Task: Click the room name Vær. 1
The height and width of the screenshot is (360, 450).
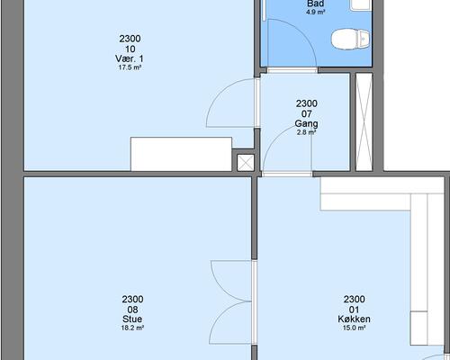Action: click(130, 58)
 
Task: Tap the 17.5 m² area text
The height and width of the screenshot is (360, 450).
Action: click(130, 67)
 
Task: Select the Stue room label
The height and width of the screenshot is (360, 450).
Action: click(132, 319)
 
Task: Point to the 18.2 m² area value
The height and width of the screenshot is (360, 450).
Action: click(132, 328)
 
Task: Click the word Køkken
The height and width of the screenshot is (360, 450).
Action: click(354, 319)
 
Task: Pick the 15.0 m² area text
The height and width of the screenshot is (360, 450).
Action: click(354, 328)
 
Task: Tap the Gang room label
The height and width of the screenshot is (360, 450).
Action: click(306, 123)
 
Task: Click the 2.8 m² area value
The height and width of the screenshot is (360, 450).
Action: click(306, 132)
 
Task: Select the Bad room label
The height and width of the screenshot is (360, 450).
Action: click(316, 4)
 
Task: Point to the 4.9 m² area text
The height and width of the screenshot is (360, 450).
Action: click(316, 13)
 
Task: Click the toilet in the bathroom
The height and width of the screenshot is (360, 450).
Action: click(350, 39)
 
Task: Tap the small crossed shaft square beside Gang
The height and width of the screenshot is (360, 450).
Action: click(246, 163)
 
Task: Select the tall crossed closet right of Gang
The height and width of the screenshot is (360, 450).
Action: click(364, 122)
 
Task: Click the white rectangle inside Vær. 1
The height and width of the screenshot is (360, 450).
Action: click(181, 154)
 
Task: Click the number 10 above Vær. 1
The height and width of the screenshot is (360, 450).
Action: click(130, 49)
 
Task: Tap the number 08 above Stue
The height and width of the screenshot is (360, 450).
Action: click(132, 310)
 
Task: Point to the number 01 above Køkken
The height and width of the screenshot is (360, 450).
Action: click(354, 310)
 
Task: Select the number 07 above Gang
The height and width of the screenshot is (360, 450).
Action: click(306, 113)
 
